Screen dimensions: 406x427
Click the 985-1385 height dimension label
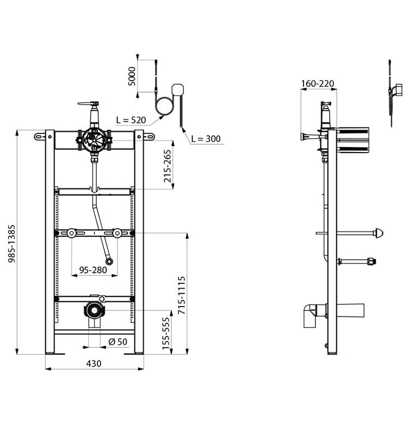[12, 243]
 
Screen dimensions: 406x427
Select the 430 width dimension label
[94, 363]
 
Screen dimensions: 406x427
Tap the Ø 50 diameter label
[118, 341]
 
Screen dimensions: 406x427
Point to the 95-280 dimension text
[93, 270]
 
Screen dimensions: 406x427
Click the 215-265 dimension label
[167, 166]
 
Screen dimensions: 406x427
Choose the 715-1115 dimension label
[181, 295]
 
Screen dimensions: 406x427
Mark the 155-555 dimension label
[166, 333]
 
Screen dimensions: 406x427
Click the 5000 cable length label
[132, 76]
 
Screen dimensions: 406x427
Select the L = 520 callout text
[131, 120]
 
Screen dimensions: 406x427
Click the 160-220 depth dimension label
[318, 83]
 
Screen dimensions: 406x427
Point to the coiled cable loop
[164, 106]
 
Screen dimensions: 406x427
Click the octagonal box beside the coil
[178, 89]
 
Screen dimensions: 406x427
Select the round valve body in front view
[94, 138]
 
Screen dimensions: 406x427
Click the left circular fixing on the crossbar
[71, 233]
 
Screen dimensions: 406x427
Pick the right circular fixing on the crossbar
[117, 233]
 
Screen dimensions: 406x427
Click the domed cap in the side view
[379, 233]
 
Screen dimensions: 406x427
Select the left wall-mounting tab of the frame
[40, 136]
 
